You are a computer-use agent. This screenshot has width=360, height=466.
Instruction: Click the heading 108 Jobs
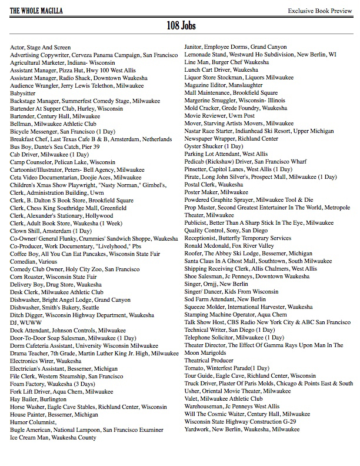[x=180, y=26]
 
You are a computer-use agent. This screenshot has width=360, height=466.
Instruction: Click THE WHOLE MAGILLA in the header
[x=36, y=11]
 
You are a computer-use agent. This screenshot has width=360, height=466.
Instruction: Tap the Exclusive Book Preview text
[x=319, y=11]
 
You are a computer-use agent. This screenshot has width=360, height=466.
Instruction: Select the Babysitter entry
[x=23, y=93]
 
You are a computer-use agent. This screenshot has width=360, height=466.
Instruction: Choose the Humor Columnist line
[x=34, y=422]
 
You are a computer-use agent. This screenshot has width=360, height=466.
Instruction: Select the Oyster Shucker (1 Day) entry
[x=214, y=147]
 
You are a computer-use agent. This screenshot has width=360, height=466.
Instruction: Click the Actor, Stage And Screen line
[x=41, y=47]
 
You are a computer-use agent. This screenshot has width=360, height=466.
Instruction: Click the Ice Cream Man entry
[x=53, y=437]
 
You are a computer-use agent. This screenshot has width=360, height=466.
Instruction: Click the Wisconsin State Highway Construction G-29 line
[x=240, y=422]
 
